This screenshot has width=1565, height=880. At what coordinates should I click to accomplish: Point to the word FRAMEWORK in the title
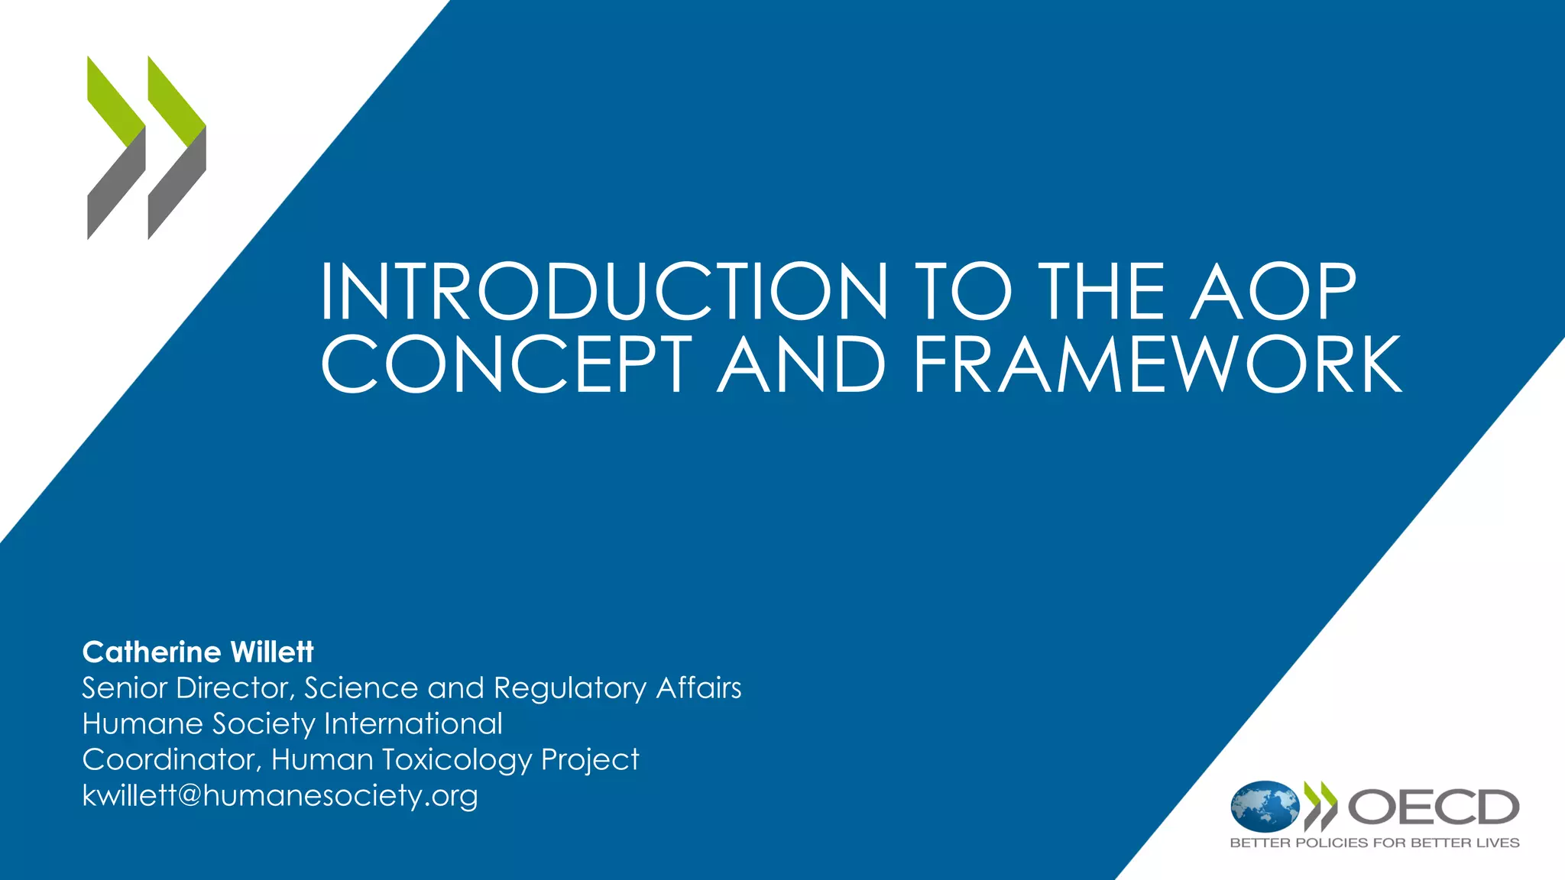[x=1157, y=364]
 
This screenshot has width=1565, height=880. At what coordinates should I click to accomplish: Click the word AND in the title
[x=802, y=364]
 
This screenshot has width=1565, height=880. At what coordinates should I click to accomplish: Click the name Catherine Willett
[x=198, y=652]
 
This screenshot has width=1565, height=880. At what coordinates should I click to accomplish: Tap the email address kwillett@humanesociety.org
[x=280, y=796]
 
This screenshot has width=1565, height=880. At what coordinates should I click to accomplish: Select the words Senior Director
[x=186, y=688]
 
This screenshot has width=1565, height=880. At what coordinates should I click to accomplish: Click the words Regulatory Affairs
[x=617, y=688]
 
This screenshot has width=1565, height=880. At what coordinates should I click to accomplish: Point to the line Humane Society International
[x=292, y=724]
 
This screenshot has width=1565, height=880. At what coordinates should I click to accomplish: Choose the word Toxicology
[x=457, y=760]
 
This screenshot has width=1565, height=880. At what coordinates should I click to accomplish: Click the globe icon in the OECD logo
[x=1265, y=807]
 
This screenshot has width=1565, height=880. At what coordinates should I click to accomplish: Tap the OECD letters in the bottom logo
[x=1433, y=807]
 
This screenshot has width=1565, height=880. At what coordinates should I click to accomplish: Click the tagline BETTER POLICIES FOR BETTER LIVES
[x=1374, y=843]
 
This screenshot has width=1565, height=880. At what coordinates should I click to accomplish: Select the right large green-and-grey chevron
[x=177, y=147]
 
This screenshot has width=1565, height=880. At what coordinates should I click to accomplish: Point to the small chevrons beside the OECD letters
[x=1320, y=807]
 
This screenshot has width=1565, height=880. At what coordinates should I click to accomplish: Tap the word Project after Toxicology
[x=590, y=760]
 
